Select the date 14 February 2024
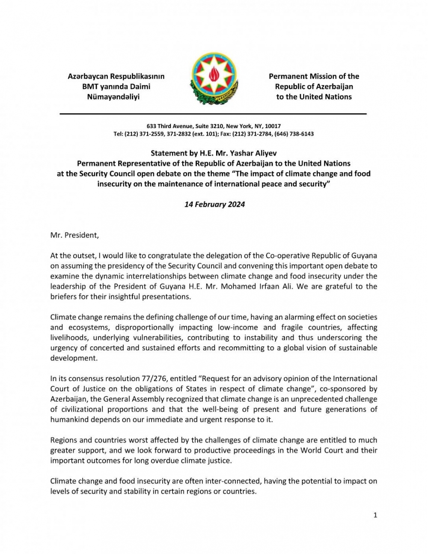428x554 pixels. point(214,204)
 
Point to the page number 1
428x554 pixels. point(375,515)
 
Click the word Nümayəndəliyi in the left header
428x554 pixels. point(113,97)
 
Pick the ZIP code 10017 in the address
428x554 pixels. point(273,126)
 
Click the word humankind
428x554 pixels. point(69,420)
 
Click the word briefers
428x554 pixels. point(63,297)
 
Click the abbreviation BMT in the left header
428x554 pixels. point(91,86)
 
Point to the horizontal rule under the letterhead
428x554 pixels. point(213,114)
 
